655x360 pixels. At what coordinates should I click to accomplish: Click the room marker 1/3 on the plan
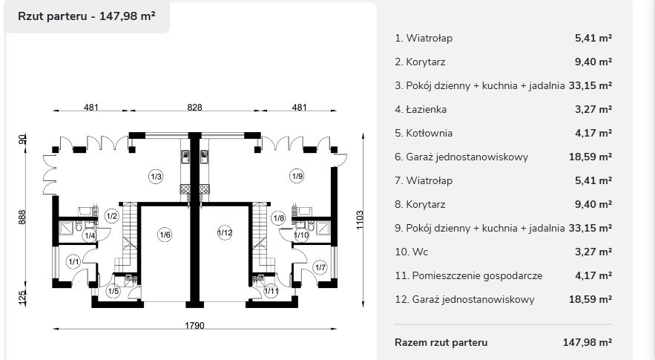156,177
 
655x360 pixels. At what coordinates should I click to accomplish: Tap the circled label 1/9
297,176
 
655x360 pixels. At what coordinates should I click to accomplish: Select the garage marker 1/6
165,235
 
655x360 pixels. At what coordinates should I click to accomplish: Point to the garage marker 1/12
225,232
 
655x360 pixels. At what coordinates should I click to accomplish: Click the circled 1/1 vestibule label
73,262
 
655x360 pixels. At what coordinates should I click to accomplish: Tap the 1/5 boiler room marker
113,291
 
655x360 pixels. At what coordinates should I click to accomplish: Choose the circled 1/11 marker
271,291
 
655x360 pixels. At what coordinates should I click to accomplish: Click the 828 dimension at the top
194,107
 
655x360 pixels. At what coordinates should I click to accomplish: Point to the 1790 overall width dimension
194,325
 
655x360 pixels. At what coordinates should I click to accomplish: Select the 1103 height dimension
360,220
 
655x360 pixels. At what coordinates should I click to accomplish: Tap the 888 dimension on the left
22,217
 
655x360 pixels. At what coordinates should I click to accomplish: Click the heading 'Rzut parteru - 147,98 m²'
87,16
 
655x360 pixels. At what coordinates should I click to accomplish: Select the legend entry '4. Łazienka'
421,110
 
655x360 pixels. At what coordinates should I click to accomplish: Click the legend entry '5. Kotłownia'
424,134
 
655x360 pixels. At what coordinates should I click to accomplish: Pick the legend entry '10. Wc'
412,252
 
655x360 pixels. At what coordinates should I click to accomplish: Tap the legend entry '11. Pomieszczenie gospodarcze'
469,276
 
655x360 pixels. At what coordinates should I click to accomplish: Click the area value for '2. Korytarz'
593,62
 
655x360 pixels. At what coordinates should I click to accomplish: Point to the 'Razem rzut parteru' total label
441,342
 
